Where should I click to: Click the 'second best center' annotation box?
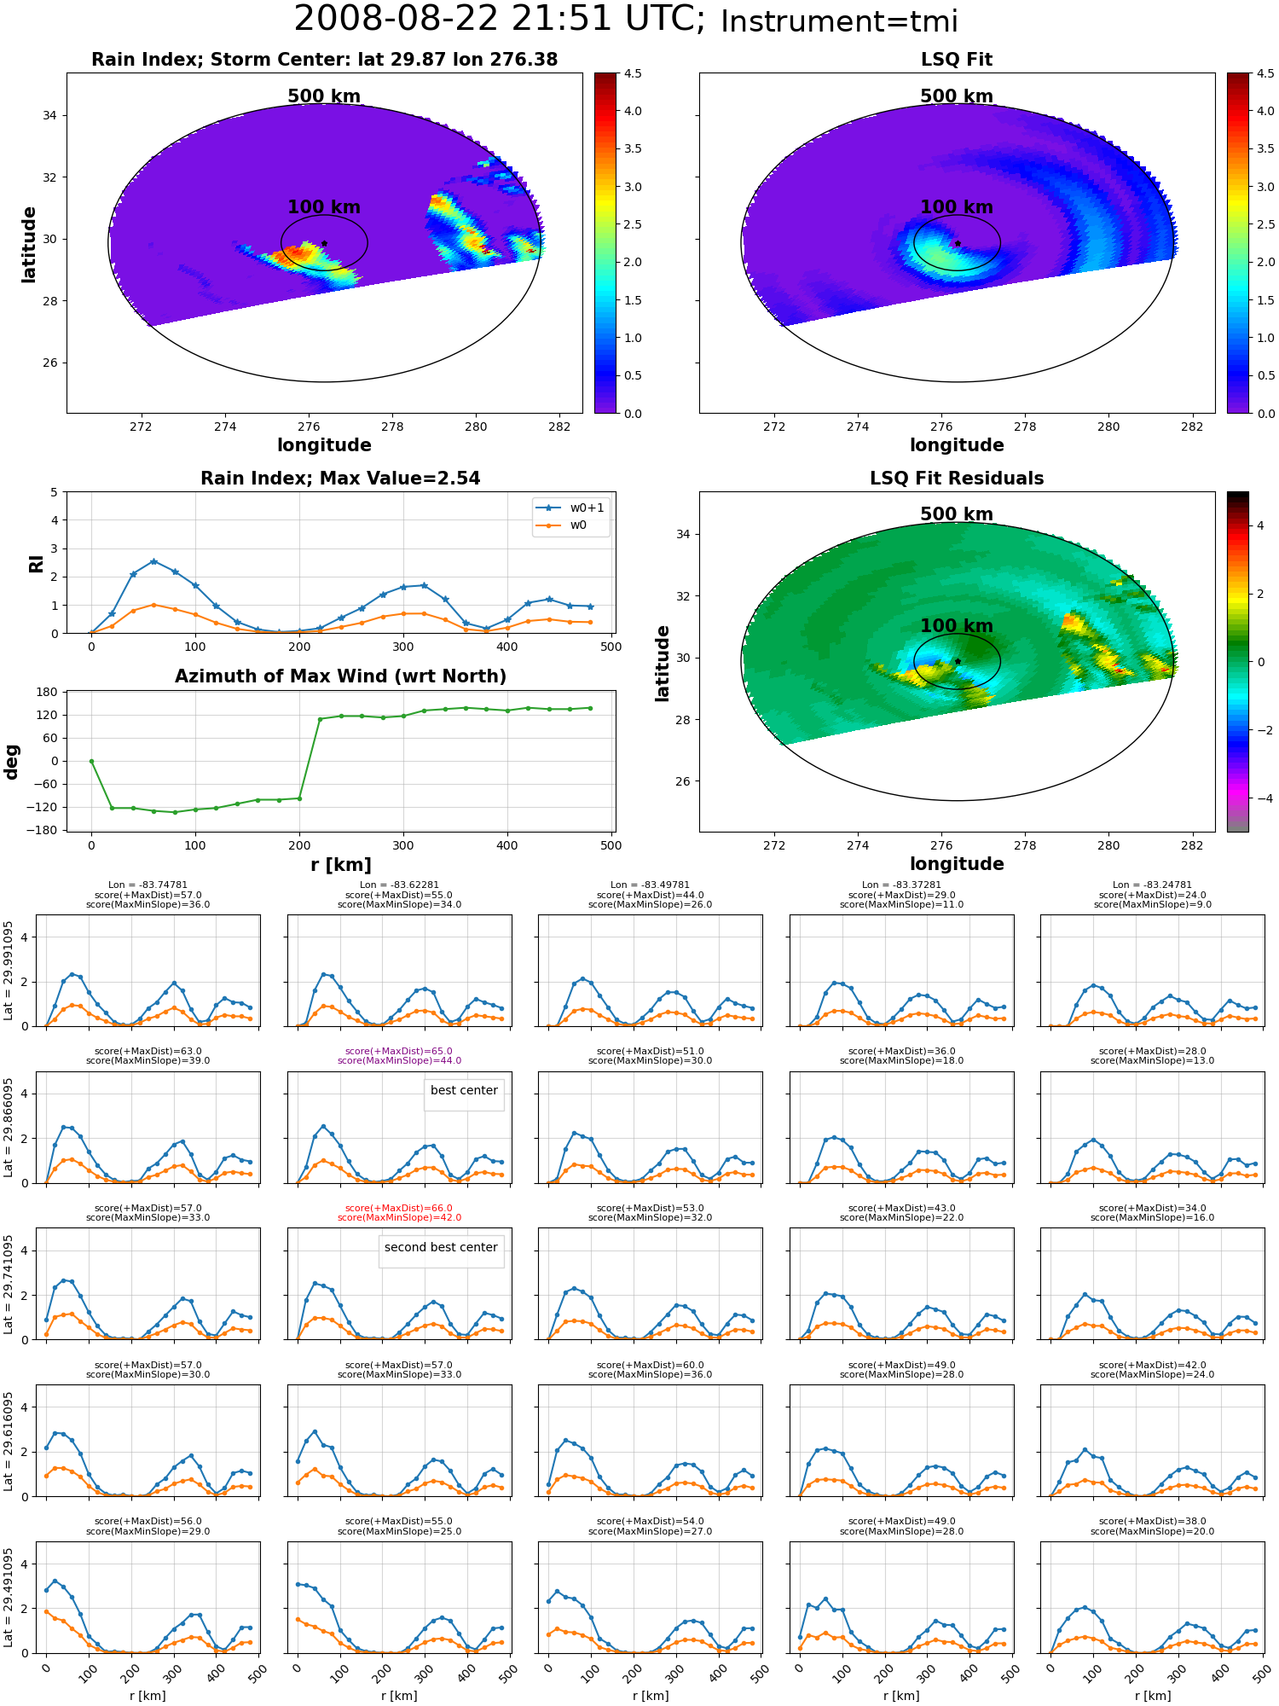pos(441,1248)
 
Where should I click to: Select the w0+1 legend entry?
pos(571,508)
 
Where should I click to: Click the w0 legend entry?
pos(563,525)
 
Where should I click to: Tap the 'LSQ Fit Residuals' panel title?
pos(957,479)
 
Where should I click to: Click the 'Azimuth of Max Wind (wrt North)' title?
pos(340,676)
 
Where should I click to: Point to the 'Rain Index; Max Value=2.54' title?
pos(340,479)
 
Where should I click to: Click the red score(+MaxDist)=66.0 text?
pos(399,1208)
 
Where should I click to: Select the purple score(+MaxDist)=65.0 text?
pos(399,1051)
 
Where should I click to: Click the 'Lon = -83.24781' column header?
pos(1153,885)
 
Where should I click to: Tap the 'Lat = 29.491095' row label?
pos(9,1598)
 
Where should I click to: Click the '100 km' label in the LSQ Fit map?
pos(957,207)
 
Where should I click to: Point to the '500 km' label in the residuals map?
pos(957,514)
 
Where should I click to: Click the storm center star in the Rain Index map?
pos(324,243)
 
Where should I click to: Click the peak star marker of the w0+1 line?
pos(153,561)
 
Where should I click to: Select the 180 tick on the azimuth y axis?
pos(48,692)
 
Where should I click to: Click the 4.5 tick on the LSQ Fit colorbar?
pos(1265,73)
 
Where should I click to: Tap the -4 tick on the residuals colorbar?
pos(1260,798)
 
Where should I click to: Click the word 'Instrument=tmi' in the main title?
pos(840,21)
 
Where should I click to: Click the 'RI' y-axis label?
pos(36,563)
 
